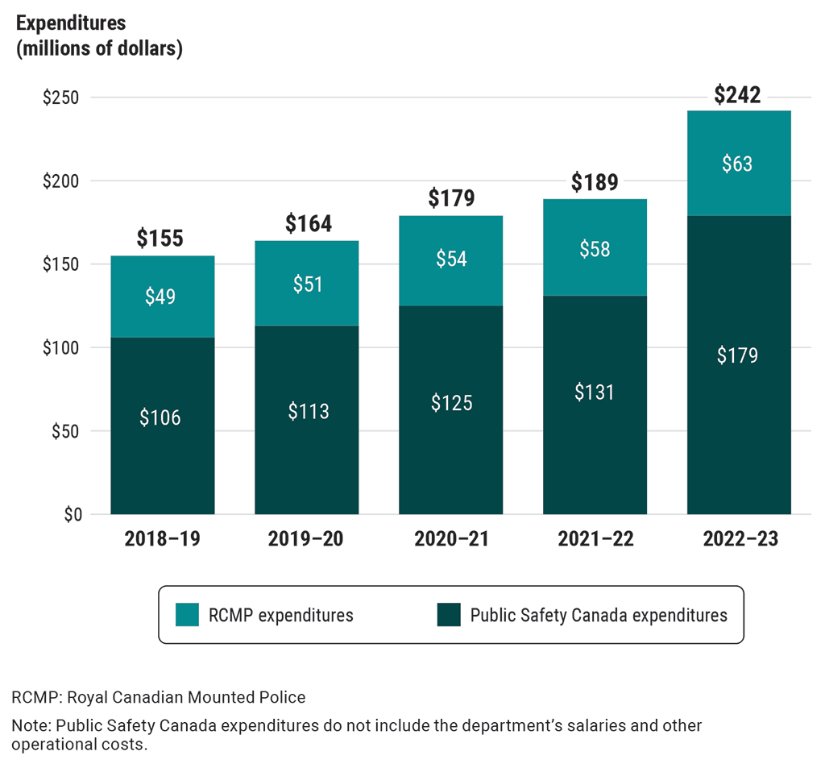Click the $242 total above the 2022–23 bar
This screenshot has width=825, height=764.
(x=737, y=95)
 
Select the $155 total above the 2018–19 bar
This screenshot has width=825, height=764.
(x=160, y=239)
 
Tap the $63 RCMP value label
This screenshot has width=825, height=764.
(x=737, y=164)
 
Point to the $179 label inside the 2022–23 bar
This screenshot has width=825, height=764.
(x=737, y=355)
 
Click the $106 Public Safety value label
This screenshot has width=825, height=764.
(x=160, y=417)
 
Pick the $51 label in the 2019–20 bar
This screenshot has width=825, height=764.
(x=306, y=284)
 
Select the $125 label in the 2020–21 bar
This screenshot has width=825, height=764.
(x=450, y=402)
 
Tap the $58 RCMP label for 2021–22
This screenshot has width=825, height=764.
(x=595, y=249)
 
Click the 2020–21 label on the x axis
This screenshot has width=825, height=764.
(x=451, y=539)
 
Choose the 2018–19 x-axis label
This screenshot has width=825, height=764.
(x=162, y=539)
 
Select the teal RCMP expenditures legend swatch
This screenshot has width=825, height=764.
(x=187, y=615)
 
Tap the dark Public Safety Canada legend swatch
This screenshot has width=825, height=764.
(x=448, y=615)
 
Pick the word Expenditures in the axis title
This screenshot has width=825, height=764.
(x=71, y=23)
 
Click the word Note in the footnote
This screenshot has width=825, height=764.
(x=27, y=725)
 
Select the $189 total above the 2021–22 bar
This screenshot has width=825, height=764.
(x=595, y=182)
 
